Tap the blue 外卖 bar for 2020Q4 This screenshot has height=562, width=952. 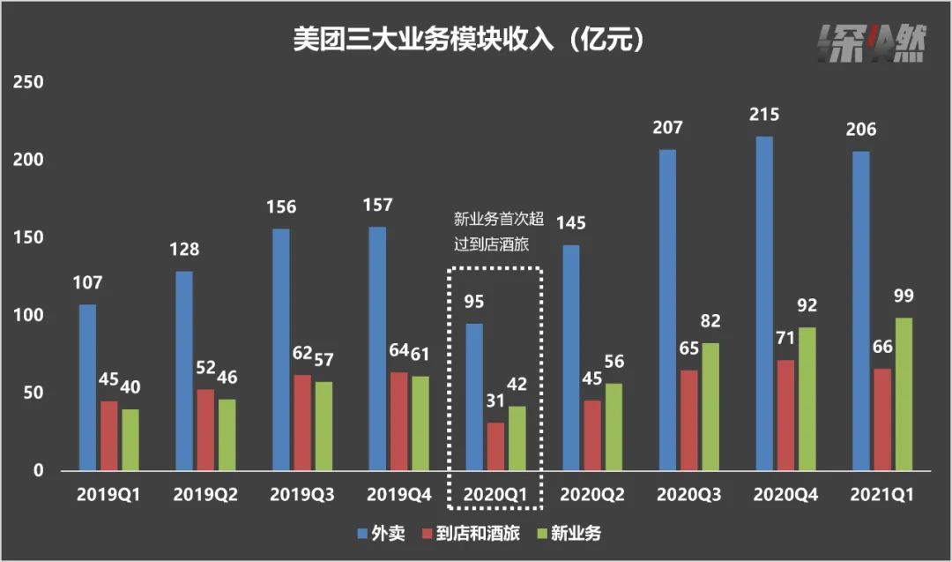point(763,303)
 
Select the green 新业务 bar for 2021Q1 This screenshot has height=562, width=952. point(904,393)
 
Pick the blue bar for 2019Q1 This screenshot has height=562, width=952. point(87,387)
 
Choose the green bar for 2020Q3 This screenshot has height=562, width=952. point(710,407)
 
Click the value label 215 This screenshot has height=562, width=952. point(763,115)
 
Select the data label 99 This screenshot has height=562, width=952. point(904,296)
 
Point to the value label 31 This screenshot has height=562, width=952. point(495,401)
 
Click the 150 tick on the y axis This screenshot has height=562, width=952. point(26,238)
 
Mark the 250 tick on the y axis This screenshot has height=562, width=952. point(26,83)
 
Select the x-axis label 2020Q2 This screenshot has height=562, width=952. point(592,495)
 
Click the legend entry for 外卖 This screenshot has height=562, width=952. point(381,534)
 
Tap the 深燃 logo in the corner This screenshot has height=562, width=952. point(869,41)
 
